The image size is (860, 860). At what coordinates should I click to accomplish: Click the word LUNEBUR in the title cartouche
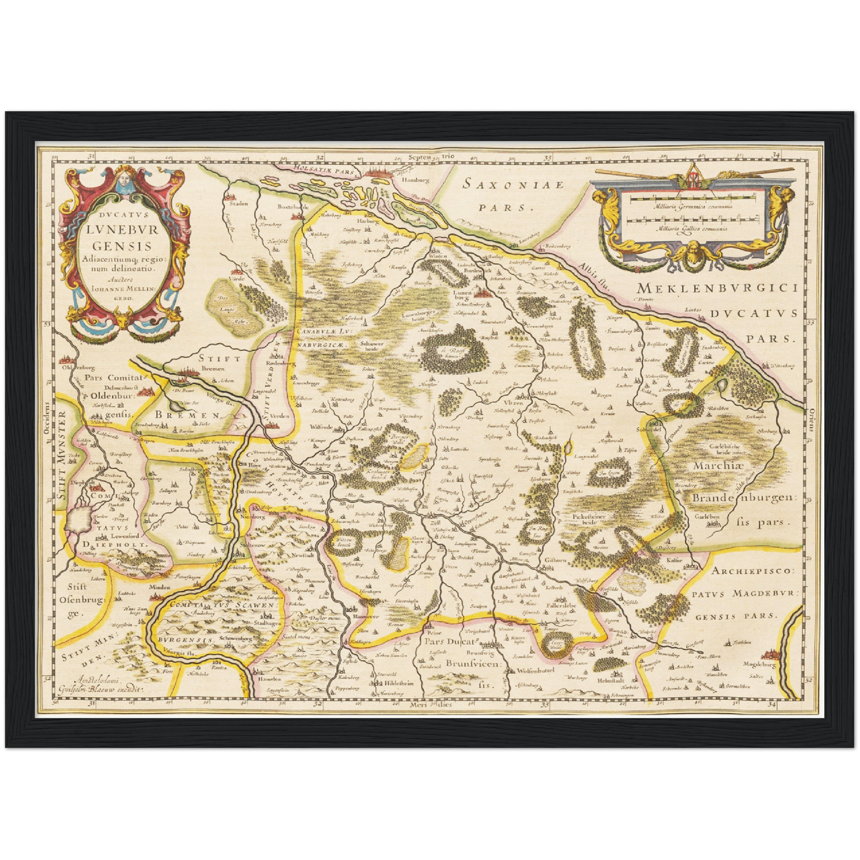pos(125,229)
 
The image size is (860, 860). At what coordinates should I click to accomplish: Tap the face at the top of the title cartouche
pos(124,180)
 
